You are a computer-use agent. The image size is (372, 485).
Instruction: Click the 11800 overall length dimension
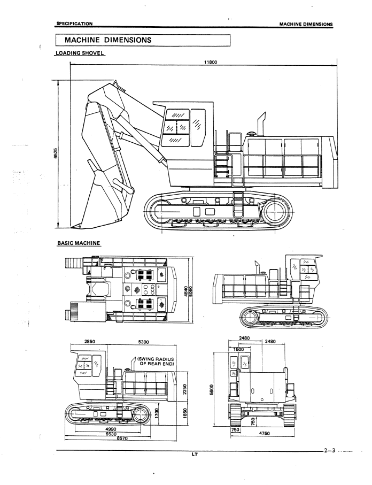click(x=211, y=62)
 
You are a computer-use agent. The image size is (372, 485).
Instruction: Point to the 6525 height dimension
click(x=56, y=153)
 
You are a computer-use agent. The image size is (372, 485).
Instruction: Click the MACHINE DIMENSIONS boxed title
click(x=108, y=40)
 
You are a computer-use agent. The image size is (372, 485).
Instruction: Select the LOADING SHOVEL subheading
click(x=80, y=53)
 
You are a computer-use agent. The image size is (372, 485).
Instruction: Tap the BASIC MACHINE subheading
click(x=79, y=243)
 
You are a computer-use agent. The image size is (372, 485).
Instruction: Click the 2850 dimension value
click(x=89, y=342)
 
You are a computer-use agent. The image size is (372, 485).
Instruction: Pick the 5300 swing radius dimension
click(x=143, y=342)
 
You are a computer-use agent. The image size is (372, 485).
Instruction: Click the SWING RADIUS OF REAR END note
click(x=156, y=361)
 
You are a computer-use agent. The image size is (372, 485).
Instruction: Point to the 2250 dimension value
click(x=185, y=389)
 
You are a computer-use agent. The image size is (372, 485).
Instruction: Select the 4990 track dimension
click(x=111, y=429)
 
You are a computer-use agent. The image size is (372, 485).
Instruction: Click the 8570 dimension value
click(x=122, y=438)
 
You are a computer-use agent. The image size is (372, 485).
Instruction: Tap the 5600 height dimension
click(x=212, y=389)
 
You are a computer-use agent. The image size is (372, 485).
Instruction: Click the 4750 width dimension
click(x=264, y=433)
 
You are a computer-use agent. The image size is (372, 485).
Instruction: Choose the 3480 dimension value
click(x=270, y=342)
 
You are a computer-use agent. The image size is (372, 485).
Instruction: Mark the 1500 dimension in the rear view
click(x=238, y=349)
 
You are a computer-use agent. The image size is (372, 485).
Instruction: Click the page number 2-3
click(x=330, y=450)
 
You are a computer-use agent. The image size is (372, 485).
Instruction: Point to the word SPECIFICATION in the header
click(x=74, y=24)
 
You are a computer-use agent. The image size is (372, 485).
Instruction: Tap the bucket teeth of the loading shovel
click(x=76, y=226)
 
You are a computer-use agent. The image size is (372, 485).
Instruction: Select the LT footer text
click(x=195, y=455)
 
